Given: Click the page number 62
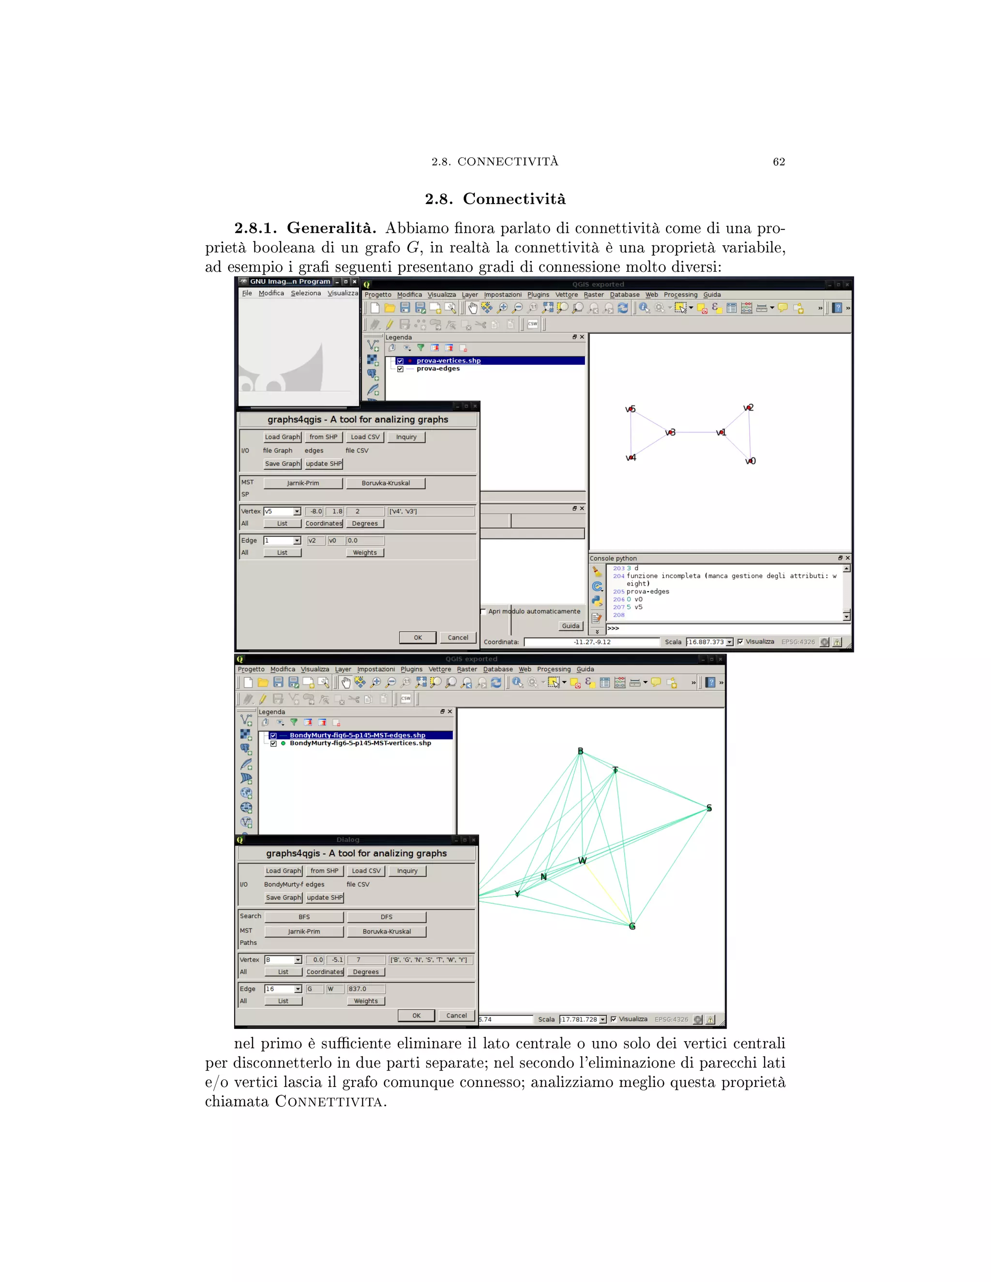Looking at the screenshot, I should point(779,162).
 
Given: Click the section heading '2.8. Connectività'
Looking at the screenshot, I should point(495,199).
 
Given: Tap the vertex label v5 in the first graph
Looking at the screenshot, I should point(631,409).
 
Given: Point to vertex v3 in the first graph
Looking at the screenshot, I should point(670,432).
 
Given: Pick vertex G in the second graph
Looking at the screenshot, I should point(631,926).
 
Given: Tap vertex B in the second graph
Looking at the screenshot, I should point(581,751).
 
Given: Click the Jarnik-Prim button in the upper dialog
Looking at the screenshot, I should point(303,483).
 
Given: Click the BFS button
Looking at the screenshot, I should point(304,917).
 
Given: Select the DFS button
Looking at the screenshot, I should point(386,917).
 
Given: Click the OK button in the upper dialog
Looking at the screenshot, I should point(418,638).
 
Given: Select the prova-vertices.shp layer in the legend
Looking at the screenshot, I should point(449,361).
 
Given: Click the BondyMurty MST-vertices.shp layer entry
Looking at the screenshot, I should point(360,743).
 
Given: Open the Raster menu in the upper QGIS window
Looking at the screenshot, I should point(594,295).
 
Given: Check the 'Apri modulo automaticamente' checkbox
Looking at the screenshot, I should point(483,611).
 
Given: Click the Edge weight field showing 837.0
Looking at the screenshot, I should point(365,989).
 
